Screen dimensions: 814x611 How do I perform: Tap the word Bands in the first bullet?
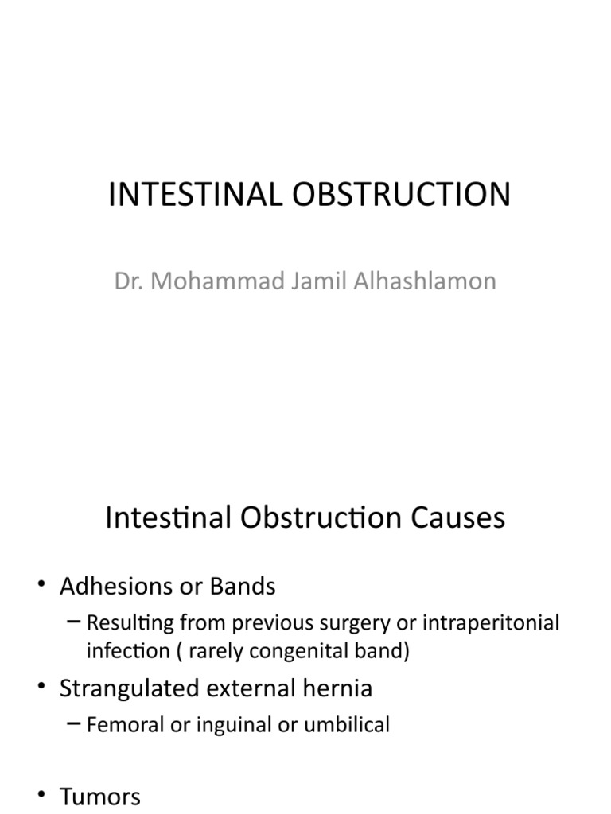[243, 587]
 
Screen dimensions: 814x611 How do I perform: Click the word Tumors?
[100, 797]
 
